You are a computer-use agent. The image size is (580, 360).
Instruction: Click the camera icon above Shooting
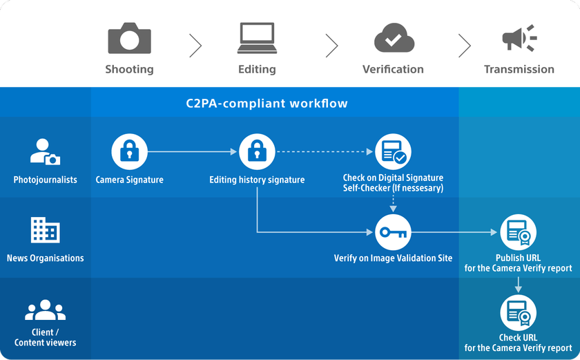[129, 39]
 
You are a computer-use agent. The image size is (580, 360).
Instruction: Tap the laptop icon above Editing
[257, 39]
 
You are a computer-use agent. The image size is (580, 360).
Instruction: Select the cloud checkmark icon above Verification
[394, 39]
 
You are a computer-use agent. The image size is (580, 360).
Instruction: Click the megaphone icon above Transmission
[519, 39]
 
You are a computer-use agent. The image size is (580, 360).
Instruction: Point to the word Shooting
[129, 69]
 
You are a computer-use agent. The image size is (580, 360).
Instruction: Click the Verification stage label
[393, 69]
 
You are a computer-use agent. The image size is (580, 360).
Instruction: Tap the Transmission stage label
[519, 69]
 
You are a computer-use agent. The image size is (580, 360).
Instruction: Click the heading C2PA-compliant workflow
[267, 104]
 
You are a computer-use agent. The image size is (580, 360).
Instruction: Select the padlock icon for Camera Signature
[129, 151]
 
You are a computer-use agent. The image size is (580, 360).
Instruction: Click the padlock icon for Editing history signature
[257, 151]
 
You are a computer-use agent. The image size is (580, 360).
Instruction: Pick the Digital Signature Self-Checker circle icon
[393, 151]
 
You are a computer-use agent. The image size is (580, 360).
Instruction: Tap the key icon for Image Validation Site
[393, 232]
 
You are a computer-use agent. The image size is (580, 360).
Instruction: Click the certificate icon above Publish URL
[518, 232]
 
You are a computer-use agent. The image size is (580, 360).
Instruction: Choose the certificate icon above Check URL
[518, 312]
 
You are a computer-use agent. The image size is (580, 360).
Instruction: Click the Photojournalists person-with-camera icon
[45, 152]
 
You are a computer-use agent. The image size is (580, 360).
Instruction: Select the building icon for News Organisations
[45, 231]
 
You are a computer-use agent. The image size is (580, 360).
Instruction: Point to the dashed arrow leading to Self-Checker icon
[325, 151]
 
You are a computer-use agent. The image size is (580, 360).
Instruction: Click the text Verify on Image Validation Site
[393, 258]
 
